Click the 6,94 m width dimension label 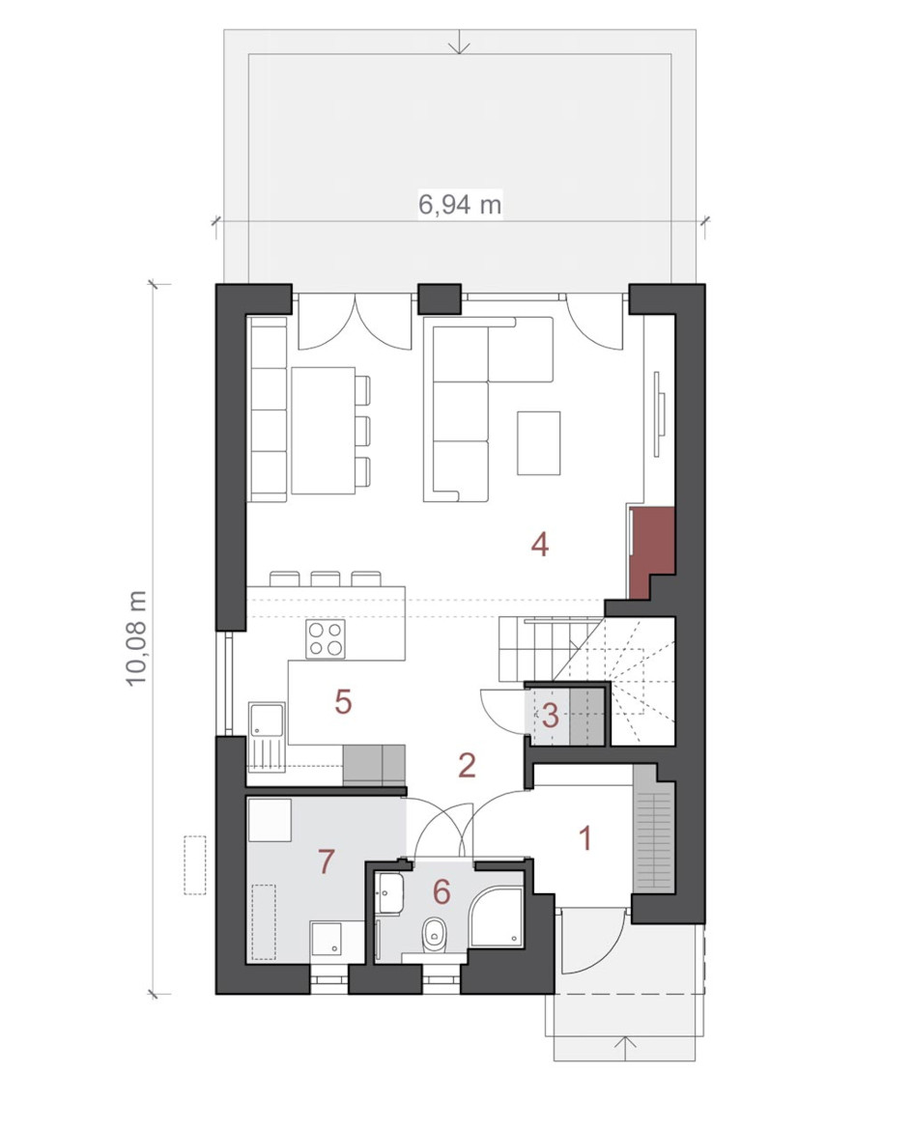tap(459, 205)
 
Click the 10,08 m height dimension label tap(136, 638)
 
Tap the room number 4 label tap(540, 545)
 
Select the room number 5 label tap(343, 701)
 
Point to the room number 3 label tap(551, 716)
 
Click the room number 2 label tap(468, 766)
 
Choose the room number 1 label tap(585, 838)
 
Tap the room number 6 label tap(442, 892)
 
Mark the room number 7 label tap(327, 861)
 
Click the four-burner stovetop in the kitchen tap(325, 638)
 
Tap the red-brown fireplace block tap(651, 551)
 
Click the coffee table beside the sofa tap(538, 442)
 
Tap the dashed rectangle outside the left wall tap(195, 864)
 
